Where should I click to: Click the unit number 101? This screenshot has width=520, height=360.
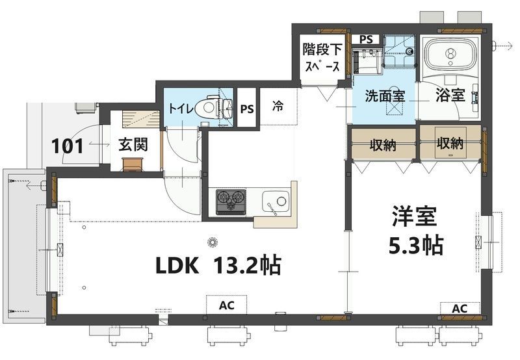[x=68, y=146]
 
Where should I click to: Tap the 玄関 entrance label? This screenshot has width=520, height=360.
[x=133, y=144]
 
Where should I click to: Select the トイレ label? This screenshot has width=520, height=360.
[x=181, y=108]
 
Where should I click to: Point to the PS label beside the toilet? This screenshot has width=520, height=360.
[x=247, y=109]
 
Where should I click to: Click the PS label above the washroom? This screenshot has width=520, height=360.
[x=366, y=40]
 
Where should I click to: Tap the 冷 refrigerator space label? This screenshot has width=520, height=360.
[x=278, y=106]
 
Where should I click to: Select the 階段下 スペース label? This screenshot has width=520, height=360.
[x=322, y=58]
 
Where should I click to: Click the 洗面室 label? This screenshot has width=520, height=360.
[x=385, y=96]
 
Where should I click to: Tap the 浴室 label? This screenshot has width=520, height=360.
[x=450, y=96]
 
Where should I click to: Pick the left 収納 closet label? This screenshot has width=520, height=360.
[x=383, y=145]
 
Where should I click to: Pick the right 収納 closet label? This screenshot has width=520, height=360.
[x=450, y=143]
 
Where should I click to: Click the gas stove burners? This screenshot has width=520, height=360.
[x=231, y=202]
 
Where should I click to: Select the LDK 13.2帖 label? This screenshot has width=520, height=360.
[x=218, y=265]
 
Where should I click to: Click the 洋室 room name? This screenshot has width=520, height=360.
[x=415, y=216]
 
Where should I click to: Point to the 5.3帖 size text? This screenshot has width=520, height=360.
[x=416, y=245]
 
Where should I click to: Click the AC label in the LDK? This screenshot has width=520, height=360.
[x=226, y=305]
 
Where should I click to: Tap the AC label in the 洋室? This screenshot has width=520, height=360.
[x=460, y=309]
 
